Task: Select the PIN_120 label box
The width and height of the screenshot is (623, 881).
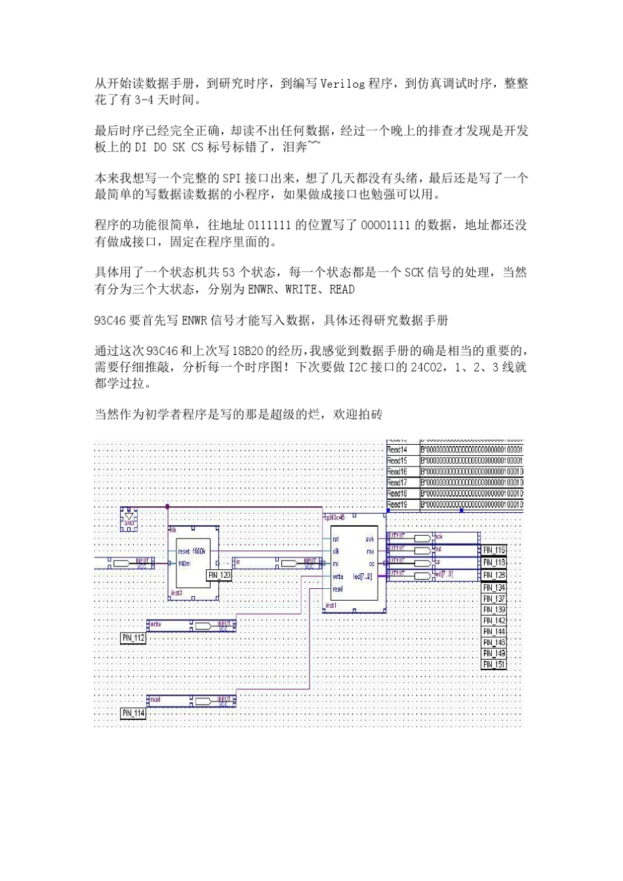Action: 219,575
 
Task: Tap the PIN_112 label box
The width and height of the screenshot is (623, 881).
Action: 133,637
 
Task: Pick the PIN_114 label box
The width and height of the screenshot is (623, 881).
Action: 133,713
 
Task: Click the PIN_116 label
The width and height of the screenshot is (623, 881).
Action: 494,551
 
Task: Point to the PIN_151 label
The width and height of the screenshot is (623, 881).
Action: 494,664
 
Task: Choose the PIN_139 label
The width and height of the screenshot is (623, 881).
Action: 494,610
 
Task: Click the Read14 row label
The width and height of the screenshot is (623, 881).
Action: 397,450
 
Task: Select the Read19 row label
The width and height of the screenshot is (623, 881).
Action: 397,504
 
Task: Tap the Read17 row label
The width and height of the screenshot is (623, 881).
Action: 397,483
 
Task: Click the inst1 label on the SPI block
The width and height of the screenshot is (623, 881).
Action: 331,606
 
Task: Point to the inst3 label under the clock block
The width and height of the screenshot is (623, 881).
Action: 176,593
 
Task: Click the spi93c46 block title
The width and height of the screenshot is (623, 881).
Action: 334,517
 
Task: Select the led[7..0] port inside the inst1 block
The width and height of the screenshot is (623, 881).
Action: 363,576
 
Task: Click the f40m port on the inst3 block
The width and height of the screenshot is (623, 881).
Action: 184,563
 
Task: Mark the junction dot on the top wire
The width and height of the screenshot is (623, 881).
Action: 168,506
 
